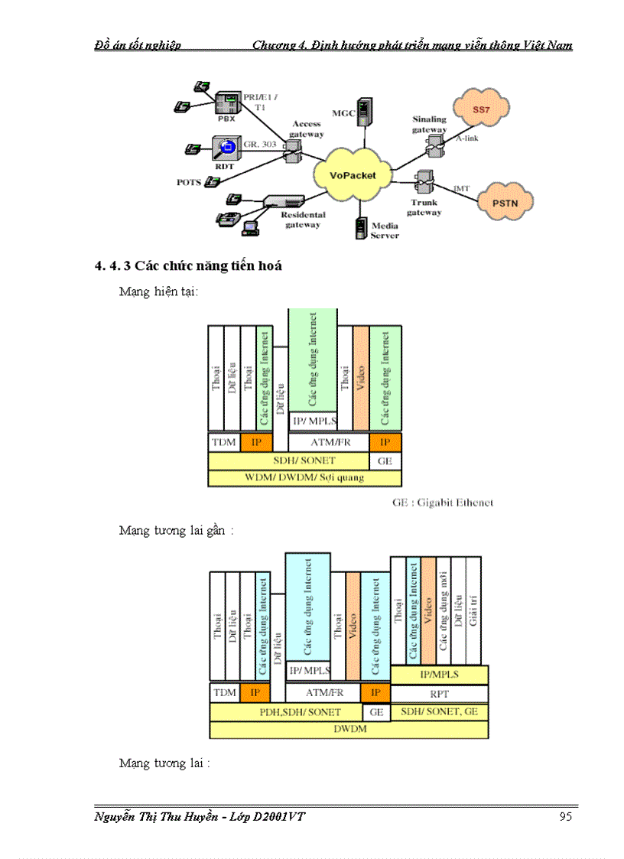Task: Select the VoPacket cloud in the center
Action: click(353, 175)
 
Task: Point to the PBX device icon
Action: click(226, 104)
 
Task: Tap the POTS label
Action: click(187, 182)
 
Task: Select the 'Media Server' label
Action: click(385, 230)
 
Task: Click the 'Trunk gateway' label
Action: click(424, 207)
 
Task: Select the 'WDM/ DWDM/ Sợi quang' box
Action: click(304, 477)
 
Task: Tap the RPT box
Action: click(439, 694)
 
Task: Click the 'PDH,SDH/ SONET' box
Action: click(285, 711)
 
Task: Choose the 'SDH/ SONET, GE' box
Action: click(439, 711)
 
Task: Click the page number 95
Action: click(565, 817)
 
